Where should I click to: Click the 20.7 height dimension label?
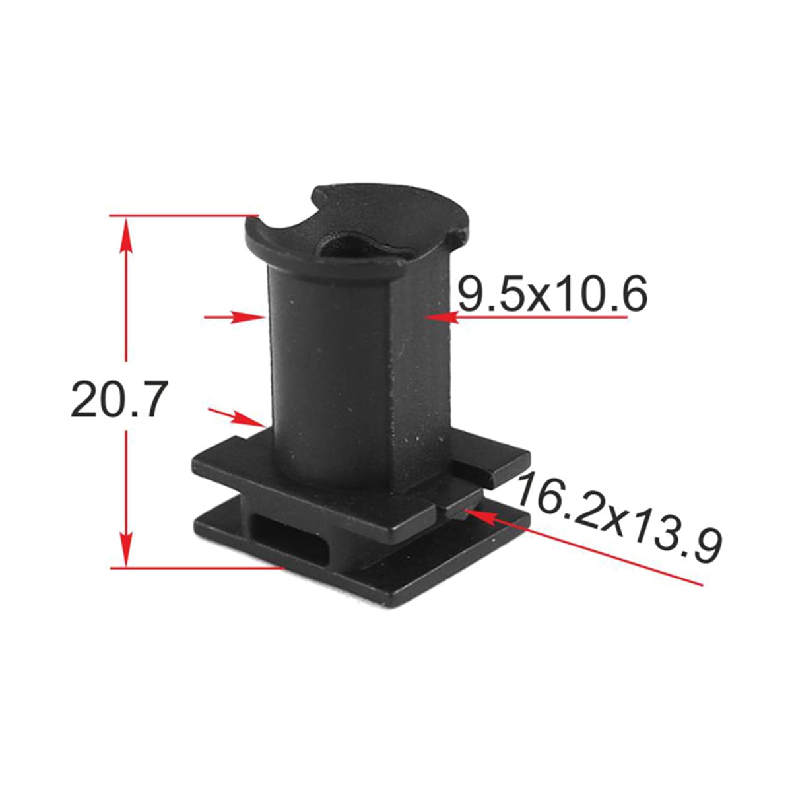[119, 399]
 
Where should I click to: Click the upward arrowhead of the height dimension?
[126, 239]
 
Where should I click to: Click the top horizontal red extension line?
[184, 215]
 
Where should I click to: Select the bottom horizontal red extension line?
[197, 568]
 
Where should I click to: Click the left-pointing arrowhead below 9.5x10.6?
[442, 317]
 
